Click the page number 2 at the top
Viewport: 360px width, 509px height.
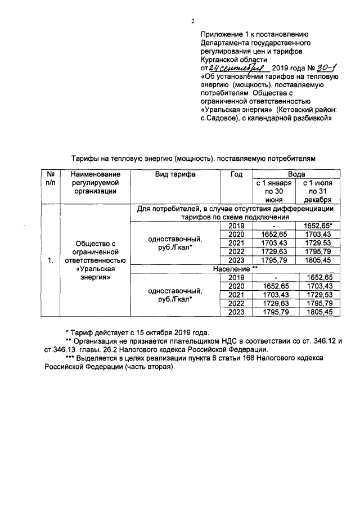[x=192, y=22]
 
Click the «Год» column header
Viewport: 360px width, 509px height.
[x=236, y=174]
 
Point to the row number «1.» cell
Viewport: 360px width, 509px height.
[x=51, y=260]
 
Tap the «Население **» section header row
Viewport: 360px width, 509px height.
[x=235, y=269]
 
